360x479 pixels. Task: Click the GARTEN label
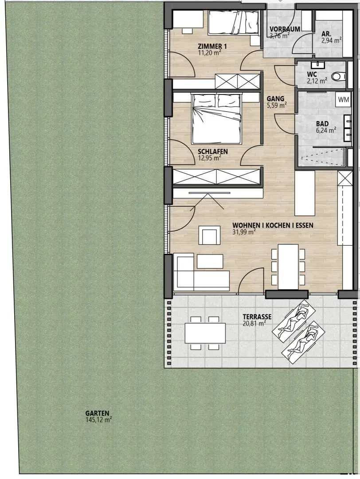point(97,413)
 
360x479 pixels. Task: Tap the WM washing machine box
point(344,100)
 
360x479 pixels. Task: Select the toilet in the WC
point(338,76)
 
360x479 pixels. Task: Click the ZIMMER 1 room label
point(212,47)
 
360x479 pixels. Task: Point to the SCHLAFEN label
point(212,152)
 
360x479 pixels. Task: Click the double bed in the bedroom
point(216,118)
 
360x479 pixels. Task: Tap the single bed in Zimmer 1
point(234,22)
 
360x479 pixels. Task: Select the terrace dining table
point(205,333)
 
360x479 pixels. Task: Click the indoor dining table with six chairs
point(288,267)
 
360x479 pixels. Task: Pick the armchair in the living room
point(209,235)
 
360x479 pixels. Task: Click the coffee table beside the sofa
point(210,262)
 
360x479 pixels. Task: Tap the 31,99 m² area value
point(244,232)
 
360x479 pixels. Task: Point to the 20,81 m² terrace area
point(254,323)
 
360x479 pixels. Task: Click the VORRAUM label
point(285,29)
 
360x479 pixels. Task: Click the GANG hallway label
point(275,99)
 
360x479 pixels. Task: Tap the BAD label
point(322,124)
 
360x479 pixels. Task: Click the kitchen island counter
point(305,193)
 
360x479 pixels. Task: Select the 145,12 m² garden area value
point(98,420)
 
